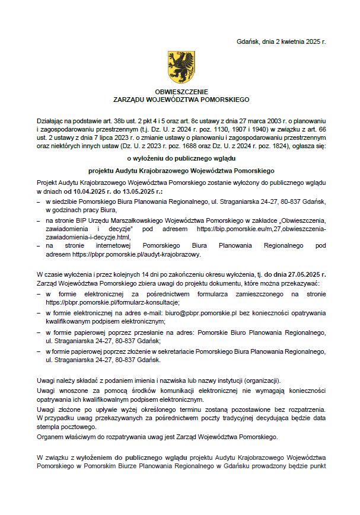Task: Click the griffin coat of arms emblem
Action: (x=180, y=66)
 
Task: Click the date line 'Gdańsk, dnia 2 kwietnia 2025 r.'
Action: (x=281, y=42)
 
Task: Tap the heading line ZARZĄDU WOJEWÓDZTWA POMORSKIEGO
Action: (x=180, y=101)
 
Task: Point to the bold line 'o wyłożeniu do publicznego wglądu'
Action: (x=180, y=158)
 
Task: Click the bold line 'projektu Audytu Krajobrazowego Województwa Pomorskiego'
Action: (x=180, y=171)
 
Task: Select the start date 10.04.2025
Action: (x=90, y=193)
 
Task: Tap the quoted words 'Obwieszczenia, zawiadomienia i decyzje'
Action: (x=119, y=229)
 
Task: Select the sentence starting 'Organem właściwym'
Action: (x=157, y=437)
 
